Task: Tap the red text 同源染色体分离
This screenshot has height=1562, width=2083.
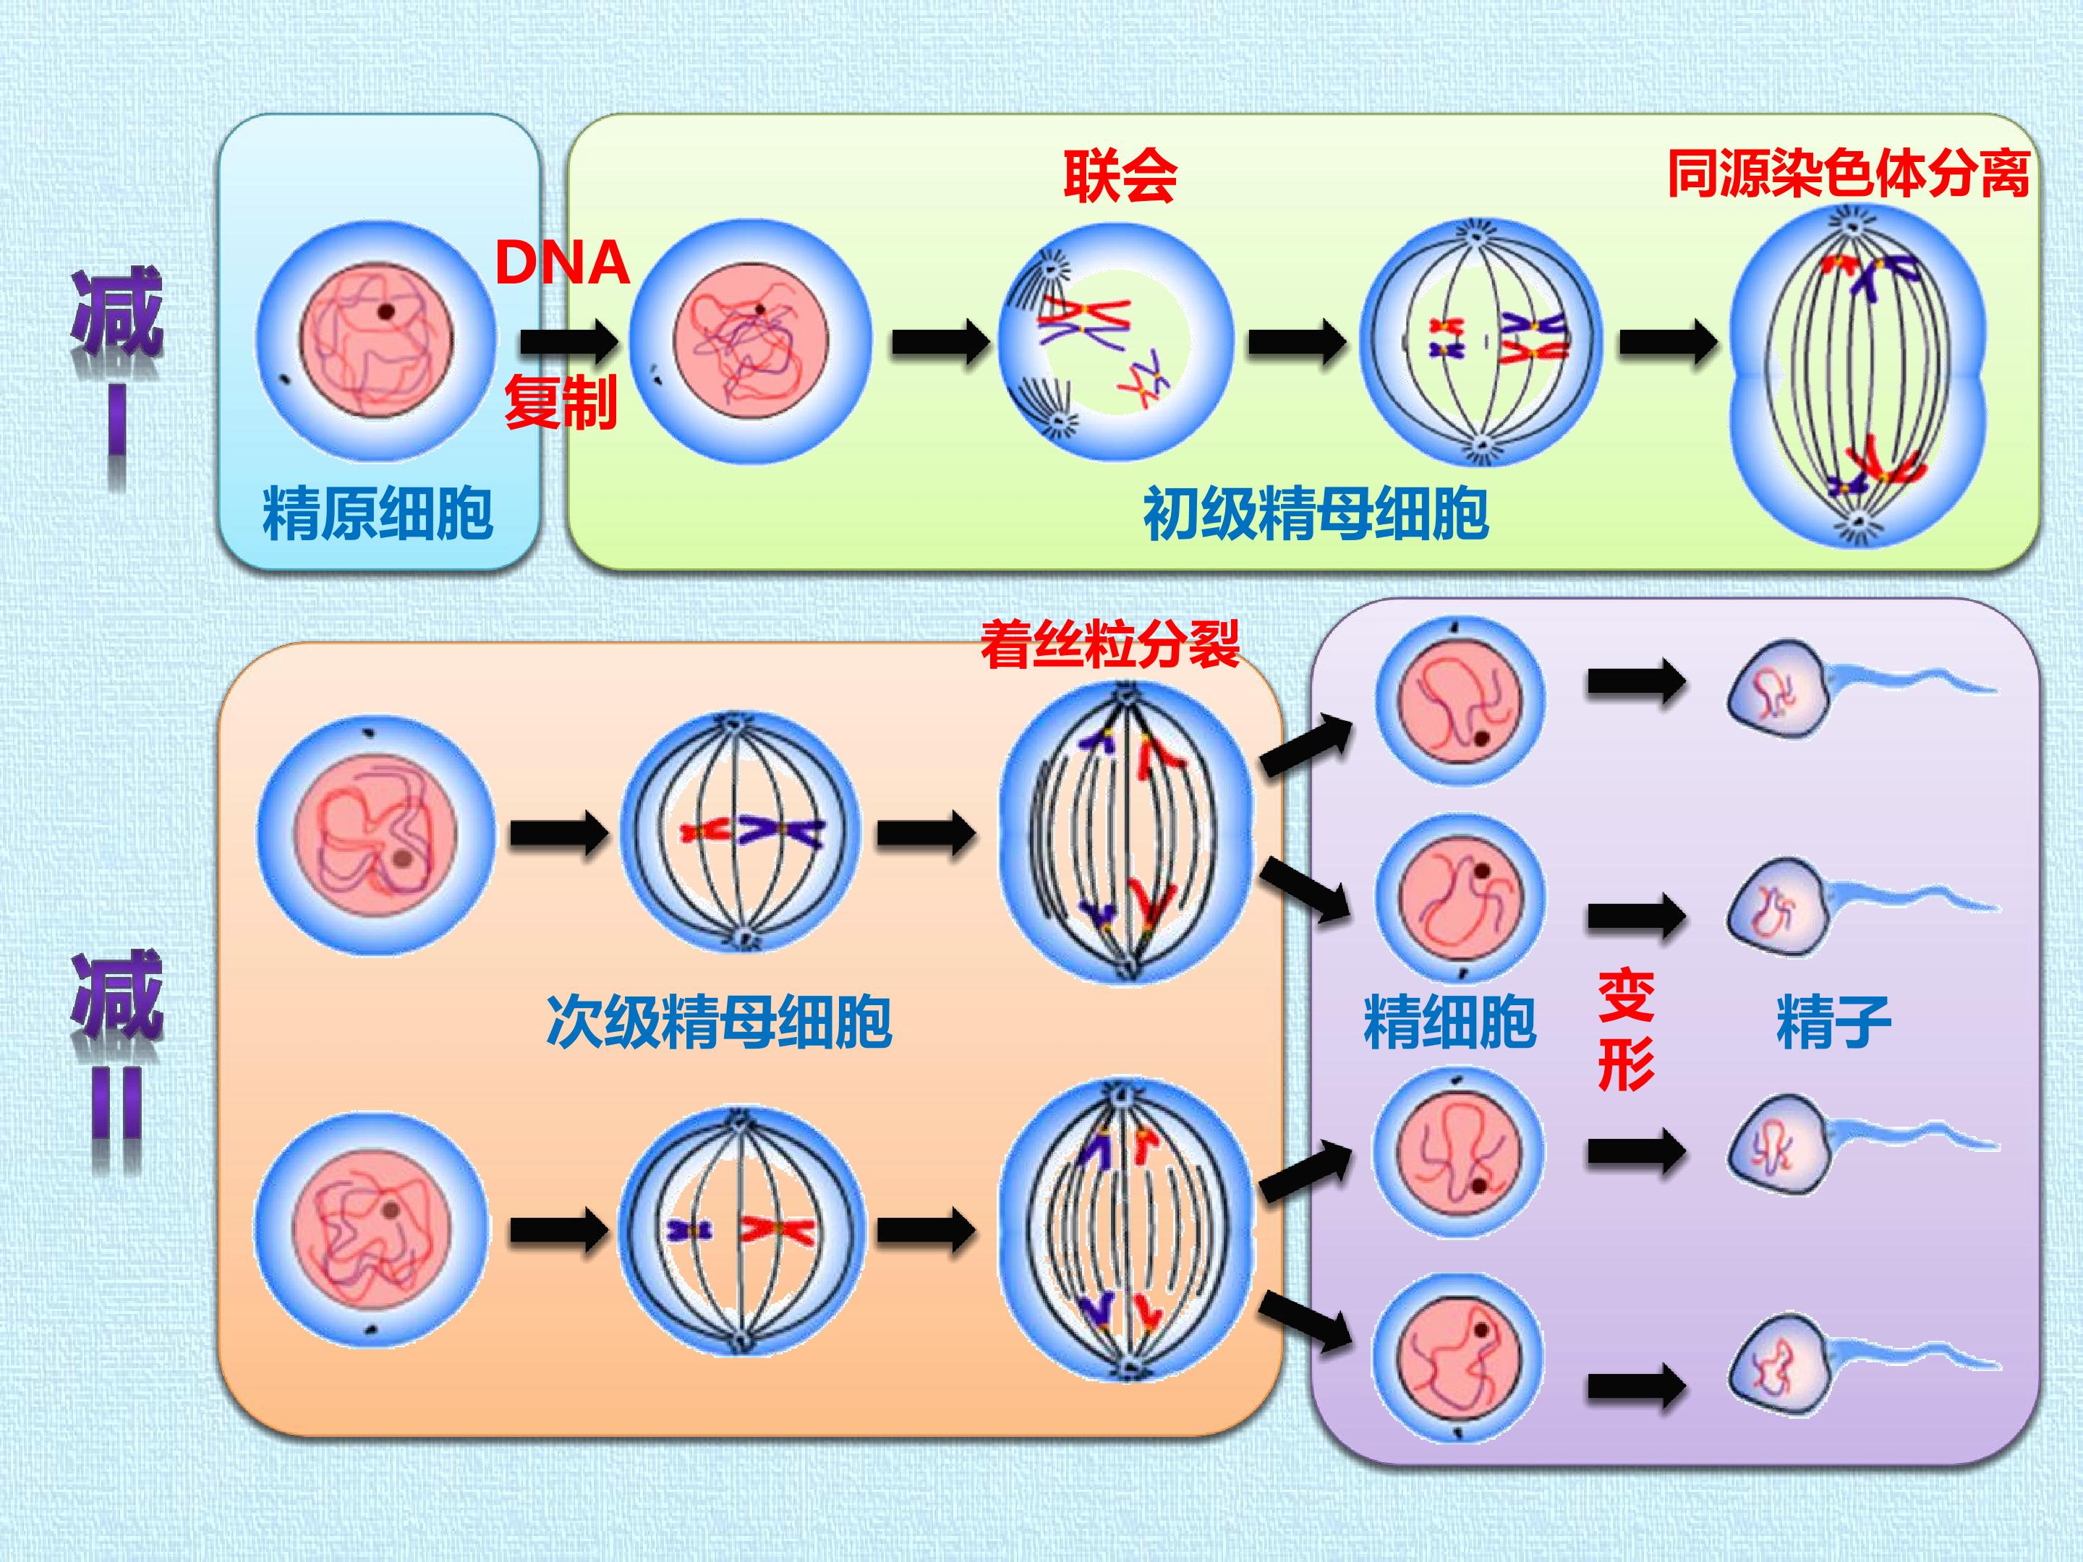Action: (x=1848, y=174)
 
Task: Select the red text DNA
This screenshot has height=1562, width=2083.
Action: (x=562, y=263)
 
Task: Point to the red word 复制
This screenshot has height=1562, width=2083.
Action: (x=561, y=401)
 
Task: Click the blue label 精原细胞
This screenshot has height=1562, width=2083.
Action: (x=378, y=514)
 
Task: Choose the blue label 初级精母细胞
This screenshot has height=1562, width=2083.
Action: (x=1316, y=514)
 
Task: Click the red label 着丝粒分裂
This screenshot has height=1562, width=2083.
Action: (x=1109, y=644)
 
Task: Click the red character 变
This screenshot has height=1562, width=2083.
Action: (x=1627, y=996)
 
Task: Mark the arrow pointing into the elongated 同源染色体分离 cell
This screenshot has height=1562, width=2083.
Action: (x=1669, y=341)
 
